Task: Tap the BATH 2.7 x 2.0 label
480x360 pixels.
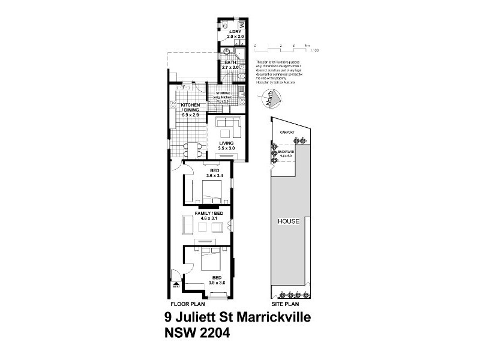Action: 230,65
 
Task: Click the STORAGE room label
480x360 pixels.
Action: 223,94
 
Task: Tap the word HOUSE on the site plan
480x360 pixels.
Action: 289,221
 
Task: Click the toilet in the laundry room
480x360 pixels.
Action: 220,25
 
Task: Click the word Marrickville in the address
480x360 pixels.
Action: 269,317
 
